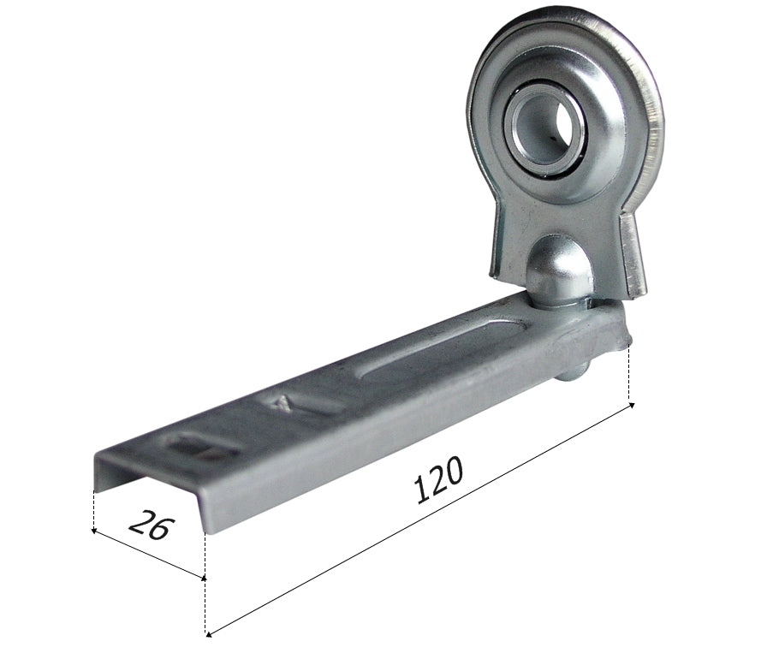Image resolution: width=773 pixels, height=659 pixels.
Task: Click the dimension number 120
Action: pos(438,479)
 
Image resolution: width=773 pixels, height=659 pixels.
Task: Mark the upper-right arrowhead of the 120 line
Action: pos(631,406)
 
